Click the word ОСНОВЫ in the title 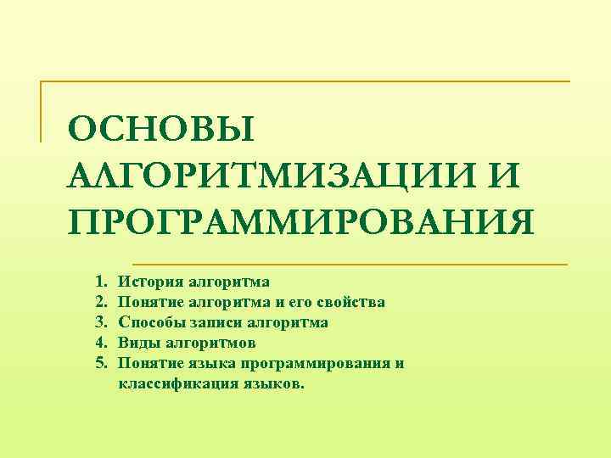161,130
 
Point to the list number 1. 99,281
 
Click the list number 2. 99,301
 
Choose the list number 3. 99,322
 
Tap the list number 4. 99,343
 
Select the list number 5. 99,363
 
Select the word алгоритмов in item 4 210,343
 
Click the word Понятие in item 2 149,301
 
